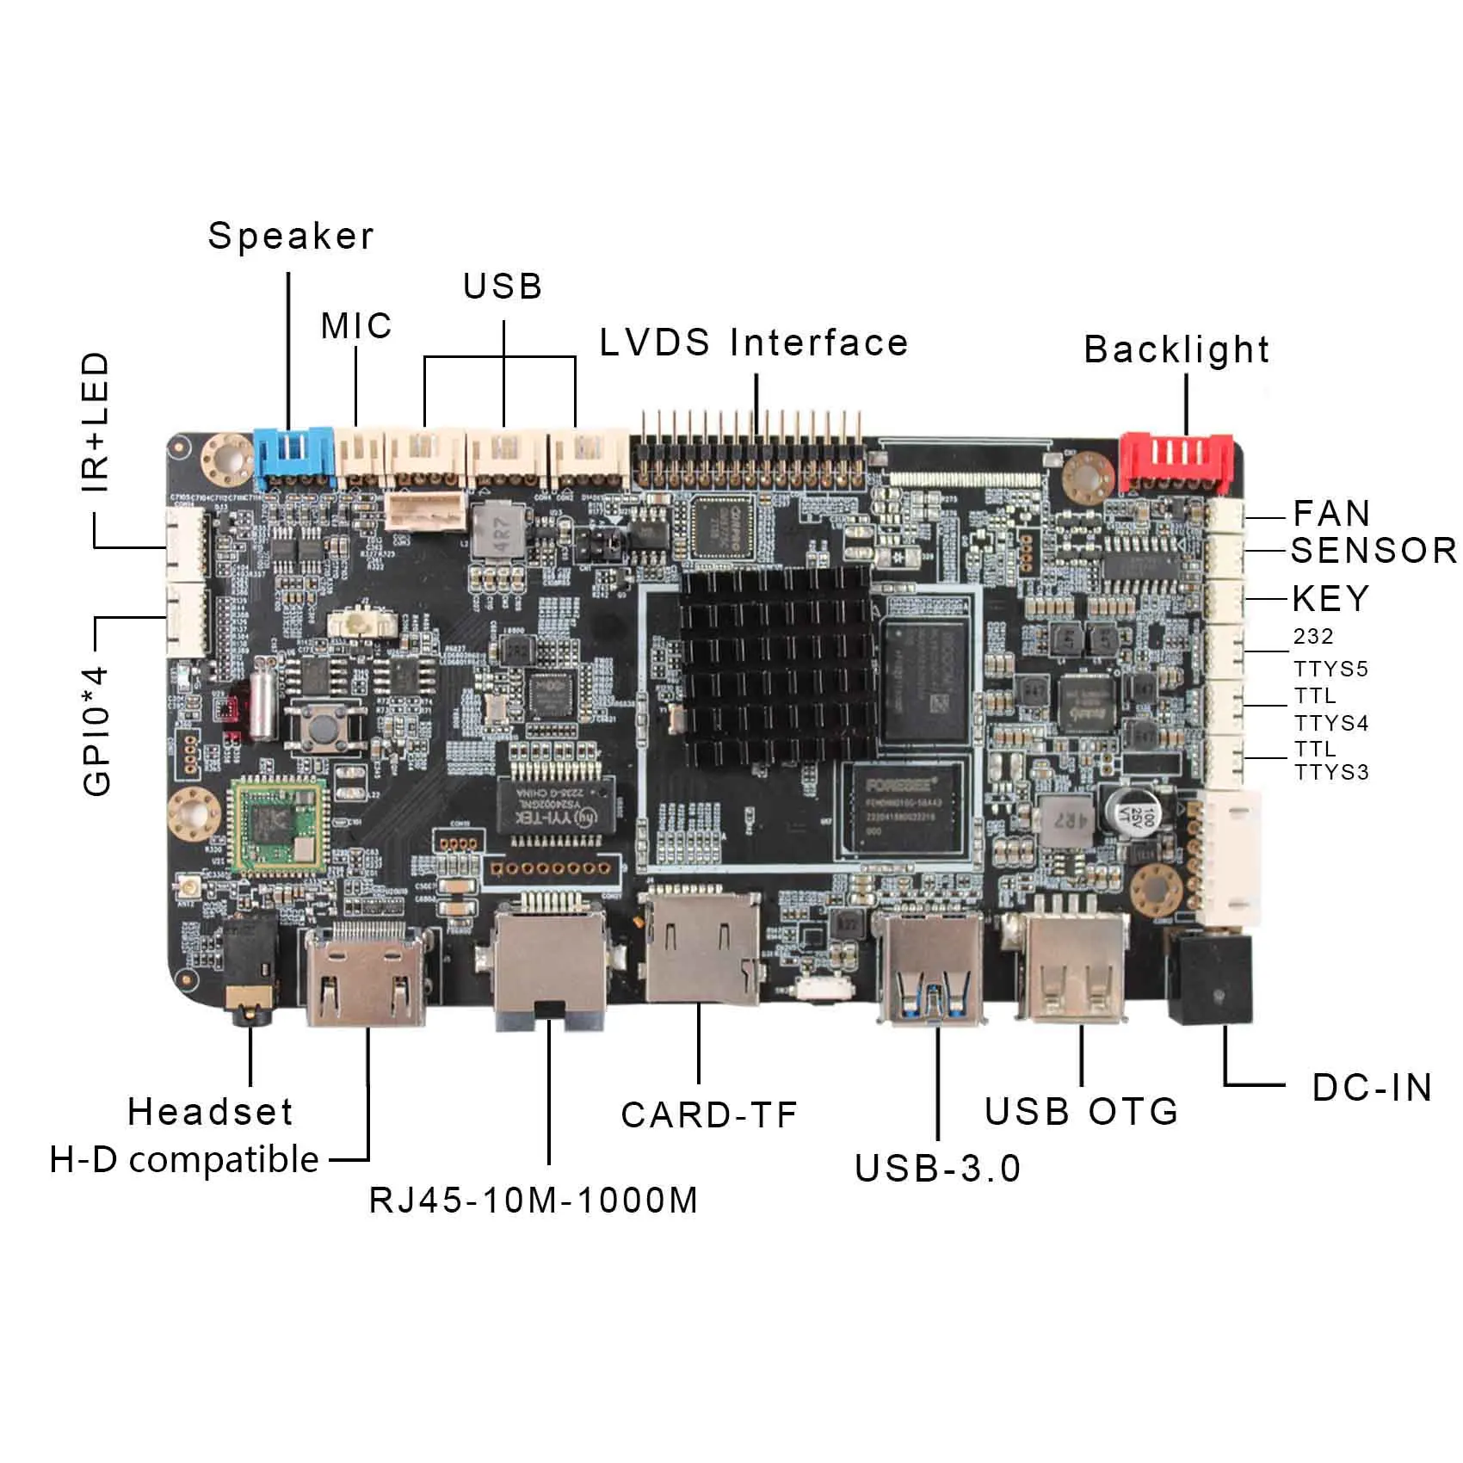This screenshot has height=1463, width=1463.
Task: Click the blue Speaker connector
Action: tap(293, 454)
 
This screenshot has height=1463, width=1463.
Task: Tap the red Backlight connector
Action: tap(1176, 461)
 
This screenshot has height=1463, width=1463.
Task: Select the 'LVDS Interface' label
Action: tap(754, 343)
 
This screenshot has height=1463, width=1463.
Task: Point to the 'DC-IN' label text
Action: tap(1372, 1088)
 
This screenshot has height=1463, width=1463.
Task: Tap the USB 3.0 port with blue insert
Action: tap(929, 968)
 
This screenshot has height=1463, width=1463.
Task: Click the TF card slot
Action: tap(701, 947)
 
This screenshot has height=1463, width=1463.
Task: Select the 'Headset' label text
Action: tap(210, 1112)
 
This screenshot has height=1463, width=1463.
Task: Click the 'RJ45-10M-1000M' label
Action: tap(534, 1201)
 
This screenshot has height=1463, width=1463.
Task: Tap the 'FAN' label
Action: tap(1331, 514)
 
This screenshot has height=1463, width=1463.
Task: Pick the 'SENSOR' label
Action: tap(1373, 551)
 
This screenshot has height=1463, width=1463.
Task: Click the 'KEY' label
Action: tap(1330, 599)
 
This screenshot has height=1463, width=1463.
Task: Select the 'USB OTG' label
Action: tap(1081, 1112)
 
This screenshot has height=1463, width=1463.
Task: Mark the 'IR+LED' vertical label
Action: tap(96, 422)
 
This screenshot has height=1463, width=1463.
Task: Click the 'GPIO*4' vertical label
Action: tap(98, 731)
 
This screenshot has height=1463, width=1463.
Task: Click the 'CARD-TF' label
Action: tap(709, 1115)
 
